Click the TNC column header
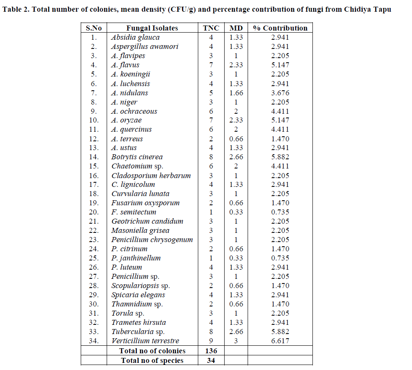211,28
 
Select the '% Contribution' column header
280,28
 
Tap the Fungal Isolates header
152,28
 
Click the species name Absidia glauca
135,37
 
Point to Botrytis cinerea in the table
137,157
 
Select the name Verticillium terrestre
145,341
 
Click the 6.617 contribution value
280,341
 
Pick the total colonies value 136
211,351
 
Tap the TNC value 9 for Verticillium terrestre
211,341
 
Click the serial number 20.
94,212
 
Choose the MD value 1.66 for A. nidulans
236,93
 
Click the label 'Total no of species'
152,360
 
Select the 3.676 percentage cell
280,93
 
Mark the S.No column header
94,28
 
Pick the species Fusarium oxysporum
145,203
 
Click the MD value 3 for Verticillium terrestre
236,341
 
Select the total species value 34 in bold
211,360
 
